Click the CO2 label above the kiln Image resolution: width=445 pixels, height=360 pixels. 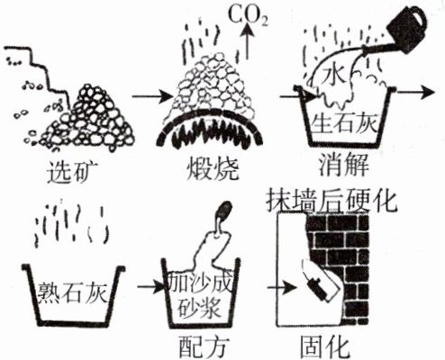[x=248, y=15]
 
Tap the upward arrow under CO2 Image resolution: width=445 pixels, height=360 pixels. [x=248, y=42]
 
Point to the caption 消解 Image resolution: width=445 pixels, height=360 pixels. [x=344, y=165]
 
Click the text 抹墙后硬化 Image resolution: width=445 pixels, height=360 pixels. [x=331, y=201]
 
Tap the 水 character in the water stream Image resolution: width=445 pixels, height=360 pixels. [x=334, y=75]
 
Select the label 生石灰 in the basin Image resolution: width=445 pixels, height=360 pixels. [x=344, y=123]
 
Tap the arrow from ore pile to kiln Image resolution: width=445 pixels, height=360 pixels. [x=152, y=96]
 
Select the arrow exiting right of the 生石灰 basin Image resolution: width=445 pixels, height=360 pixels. [x=416, y=92]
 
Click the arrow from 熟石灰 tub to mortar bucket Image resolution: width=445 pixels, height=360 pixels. [x=151, y=287]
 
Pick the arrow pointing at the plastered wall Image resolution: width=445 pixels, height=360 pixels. [x=282, y=288]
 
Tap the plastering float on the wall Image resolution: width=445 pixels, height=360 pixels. [x=319, y=288]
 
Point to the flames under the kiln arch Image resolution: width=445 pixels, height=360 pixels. [x=209, y=132]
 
